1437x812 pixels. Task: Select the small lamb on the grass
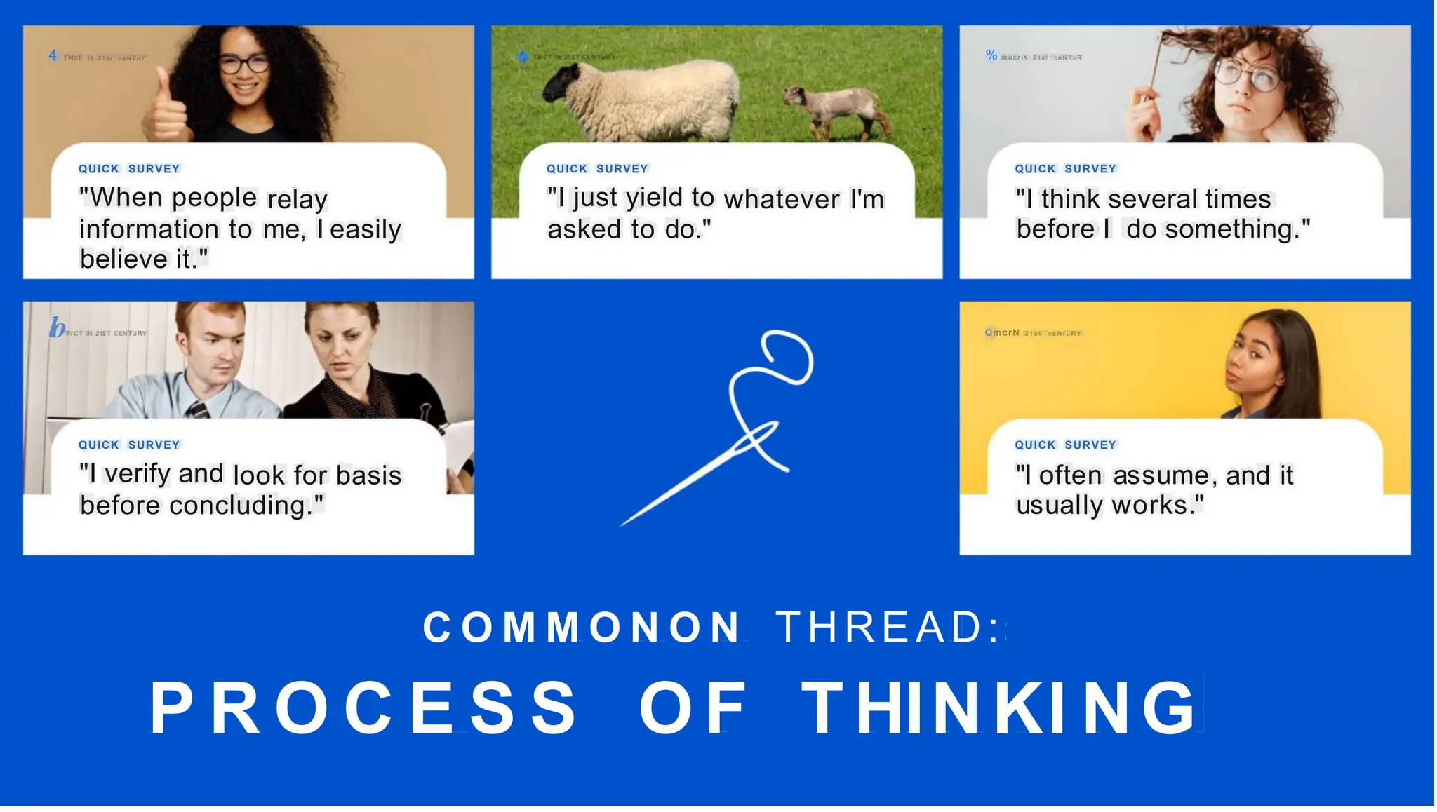point(835,109)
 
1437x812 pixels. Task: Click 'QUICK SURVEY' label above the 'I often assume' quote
point(1065,445)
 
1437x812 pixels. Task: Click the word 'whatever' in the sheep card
point(782,200)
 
